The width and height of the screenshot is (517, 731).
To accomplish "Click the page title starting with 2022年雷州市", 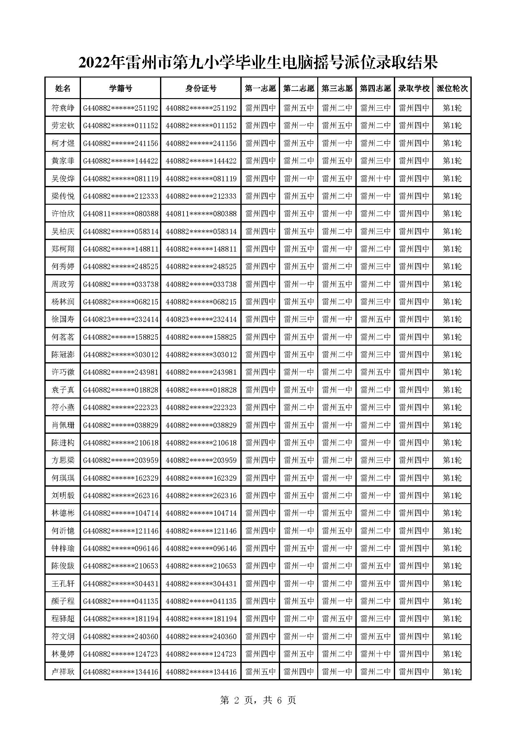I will pos(258,63).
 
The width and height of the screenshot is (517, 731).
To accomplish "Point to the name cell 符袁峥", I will pos(63,108).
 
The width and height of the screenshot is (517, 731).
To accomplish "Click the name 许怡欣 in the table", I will pos(63,214).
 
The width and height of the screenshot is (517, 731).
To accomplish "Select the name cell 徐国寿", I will pos(63,319).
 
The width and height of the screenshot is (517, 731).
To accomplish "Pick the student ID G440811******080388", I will pos(120,214).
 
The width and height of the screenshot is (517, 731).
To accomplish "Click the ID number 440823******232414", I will pos(201,319).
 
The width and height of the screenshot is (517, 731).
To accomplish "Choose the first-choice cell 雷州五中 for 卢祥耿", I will pos(260,672).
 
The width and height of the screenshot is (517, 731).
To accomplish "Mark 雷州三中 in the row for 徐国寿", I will pos(299,319).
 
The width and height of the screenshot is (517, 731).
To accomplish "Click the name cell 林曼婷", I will pos(63,654).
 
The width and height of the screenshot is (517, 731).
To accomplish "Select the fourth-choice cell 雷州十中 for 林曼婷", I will pos(375,654).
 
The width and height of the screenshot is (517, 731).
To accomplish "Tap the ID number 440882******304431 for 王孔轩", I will pos(201,583).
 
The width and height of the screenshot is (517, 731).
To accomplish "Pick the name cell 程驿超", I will pos(63,619).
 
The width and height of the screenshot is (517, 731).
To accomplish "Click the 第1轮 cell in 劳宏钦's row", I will pos(452,126).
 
